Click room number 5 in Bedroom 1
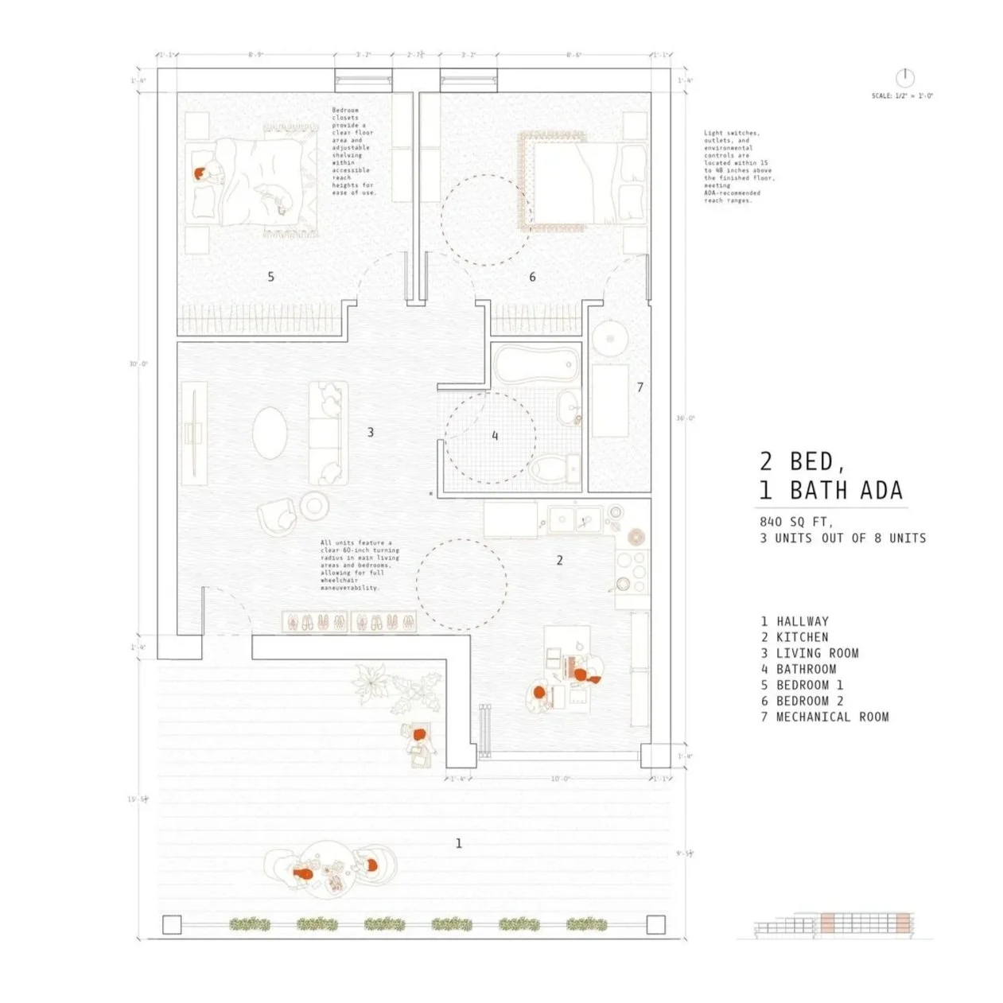[x=271, y=277]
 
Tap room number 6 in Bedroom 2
[x=532, y=277]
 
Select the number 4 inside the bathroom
[x=495, y=436]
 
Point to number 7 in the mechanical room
[x=640, y=387]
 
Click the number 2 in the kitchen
[x=559, y=560]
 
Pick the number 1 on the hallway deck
[x=458, y=843]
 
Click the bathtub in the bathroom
[x=534, y=367]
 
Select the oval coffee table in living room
[x=270, y=433]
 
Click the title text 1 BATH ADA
[x=832, y=490]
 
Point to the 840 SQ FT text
[x=796, y=523]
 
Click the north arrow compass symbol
[x=904, y=77]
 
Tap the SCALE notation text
[x=902, y=96]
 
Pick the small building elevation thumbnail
[x=834, y=924]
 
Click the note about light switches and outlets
[x=739, y=167]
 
